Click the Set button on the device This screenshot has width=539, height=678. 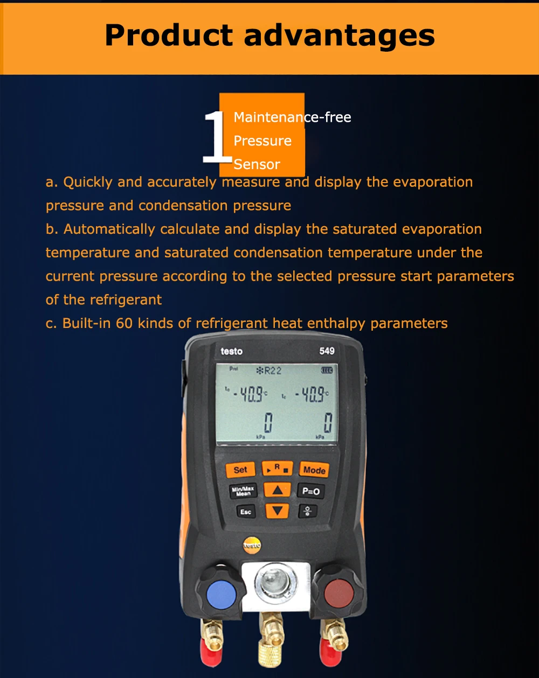tap(240, 470)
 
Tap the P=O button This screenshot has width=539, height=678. tap(310, 491)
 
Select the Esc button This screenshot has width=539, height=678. tap(246, 512)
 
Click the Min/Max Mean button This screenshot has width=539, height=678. tap(243, 491)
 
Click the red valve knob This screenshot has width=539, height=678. tap(339, 593)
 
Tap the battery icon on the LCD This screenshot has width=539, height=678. tap(327, 371)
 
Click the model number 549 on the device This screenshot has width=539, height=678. tap(327, 351)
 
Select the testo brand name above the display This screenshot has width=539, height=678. tap(232, 352)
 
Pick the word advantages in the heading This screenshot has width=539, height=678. tap(339, 36)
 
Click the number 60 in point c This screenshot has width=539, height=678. tap(124, 323)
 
